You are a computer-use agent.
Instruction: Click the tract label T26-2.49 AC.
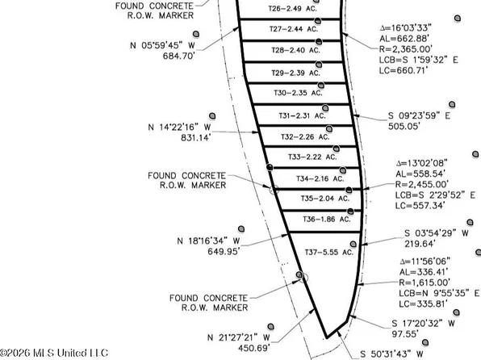coord(293,9)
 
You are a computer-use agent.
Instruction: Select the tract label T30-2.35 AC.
coord(298,93)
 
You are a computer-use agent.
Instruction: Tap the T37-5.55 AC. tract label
coord(328,253)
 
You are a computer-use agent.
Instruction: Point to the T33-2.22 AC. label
coord(312,157)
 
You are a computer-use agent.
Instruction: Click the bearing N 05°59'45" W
coord(162,45)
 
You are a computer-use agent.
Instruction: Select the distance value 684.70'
coord(179,57)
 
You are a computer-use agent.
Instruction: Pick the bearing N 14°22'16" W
coord(179,127)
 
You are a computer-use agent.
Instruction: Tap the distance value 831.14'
coord(195,138)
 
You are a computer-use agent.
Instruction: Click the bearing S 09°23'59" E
coord(419,115)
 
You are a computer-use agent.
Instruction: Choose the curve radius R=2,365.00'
coord(406,49)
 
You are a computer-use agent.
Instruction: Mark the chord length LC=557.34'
coord(420,206)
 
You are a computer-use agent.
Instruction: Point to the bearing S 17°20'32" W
coord(424,323)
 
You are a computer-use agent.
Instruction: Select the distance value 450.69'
coord(254,349)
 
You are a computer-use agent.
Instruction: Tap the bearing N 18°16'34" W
coord(208,241)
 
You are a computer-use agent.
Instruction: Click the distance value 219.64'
coord(420,244)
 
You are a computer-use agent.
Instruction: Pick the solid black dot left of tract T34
coord(270,167)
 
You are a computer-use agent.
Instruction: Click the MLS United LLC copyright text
coord(54,353)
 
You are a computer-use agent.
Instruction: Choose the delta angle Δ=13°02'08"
coord(421,163)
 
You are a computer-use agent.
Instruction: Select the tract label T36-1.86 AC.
coord(326,219)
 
